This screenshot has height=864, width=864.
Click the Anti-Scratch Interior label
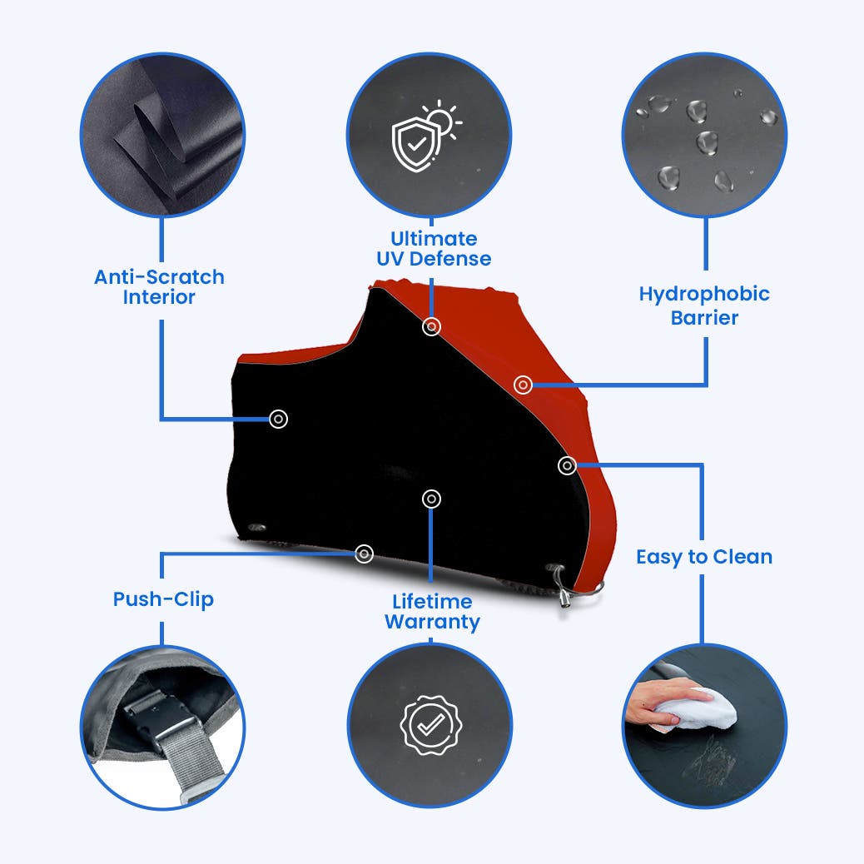point(159,286)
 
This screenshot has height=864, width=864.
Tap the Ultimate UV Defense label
point(434,249)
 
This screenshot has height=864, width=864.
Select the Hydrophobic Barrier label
point(704,305)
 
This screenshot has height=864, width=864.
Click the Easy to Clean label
point(704,557)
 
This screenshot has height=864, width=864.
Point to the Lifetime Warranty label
point(432,611)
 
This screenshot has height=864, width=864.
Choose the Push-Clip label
point(163,599)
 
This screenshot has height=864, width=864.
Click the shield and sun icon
point(426,136)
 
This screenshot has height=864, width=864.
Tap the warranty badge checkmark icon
point(431,725)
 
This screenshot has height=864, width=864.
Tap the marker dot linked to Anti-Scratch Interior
point(278,419)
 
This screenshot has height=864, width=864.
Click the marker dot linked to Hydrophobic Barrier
point(523,385)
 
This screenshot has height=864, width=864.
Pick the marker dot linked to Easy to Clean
point(567,465)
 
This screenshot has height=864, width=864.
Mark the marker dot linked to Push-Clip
point(364,554)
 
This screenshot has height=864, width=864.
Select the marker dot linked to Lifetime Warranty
point(431,499)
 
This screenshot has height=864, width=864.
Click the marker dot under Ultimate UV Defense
point(431,327)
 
